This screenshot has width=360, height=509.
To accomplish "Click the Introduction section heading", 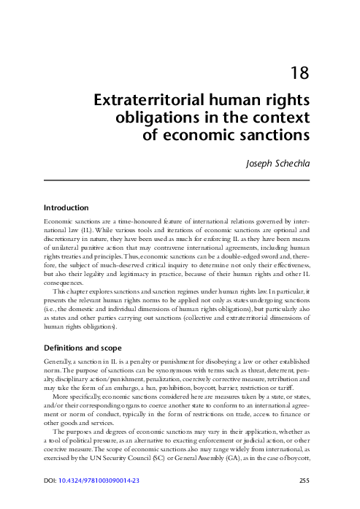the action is [x=72, y=207].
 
